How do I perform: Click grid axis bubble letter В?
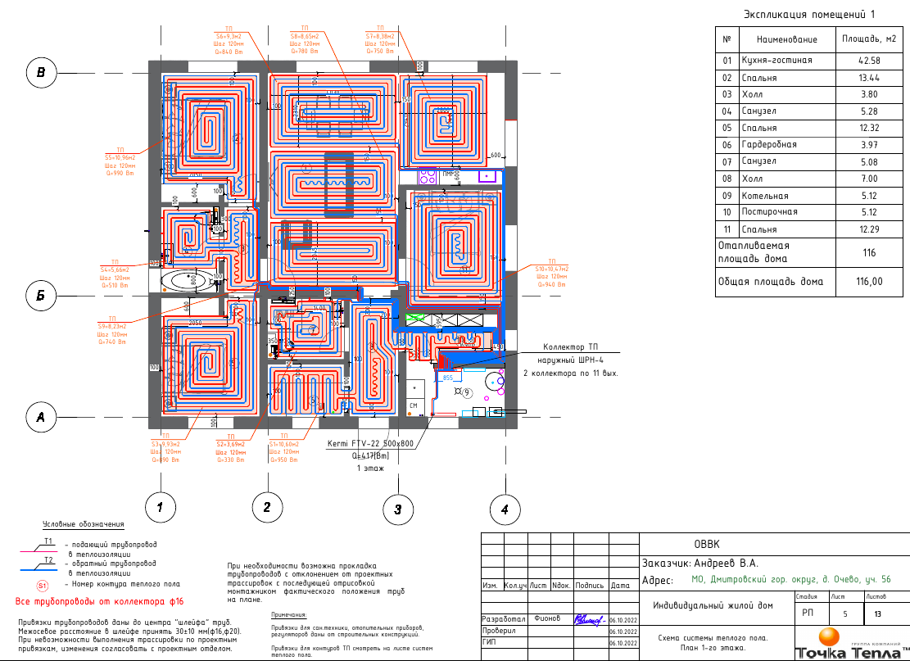[x=41, y=73]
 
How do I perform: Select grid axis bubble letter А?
[x=39, y=419]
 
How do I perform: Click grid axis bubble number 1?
[x=160, y=508]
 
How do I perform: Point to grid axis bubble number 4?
[x=505, y=509]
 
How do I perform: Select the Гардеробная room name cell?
[x=769, y=145]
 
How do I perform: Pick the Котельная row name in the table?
[x=765, y=196]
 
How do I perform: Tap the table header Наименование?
[x=786, y=39]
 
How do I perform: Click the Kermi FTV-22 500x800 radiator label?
[x=371, y=443]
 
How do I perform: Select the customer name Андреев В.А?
[x=726, y=563]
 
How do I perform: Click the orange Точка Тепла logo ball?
[x=830, y=637]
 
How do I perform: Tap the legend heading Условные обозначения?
[x=84, y=524]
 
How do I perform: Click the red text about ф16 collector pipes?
[x=100, y=601]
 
